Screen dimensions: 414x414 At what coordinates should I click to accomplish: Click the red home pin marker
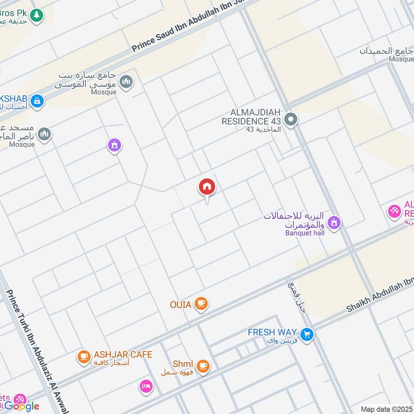207,187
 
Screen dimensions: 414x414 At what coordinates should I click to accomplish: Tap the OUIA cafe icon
202,304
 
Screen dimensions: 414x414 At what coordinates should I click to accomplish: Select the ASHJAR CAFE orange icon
83,357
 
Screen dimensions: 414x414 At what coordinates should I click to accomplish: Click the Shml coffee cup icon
203,366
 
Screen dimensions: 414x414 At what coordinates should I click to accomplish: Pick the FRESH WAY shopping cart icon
307,335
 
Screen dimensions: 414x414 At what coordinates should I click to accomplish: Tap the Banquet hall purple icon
334,223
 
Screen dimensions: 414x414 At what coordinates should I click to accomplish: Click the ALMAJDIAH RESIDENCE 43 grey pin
291,120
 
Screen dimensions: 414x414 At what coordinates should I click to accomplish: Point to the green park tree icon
36,16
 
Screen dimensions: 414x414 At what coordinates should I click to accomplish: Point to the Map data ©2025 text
386,409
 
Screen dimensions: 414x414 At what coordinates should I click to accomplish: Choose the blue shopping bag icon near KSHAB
36,101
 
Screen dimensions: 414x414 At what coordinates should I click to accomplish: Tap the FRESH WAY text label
272,332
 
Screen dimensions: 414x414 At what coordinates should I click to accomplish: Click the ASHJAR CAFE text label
123,354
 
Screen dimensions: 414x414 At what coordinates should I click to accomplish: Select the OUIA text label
181,304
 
